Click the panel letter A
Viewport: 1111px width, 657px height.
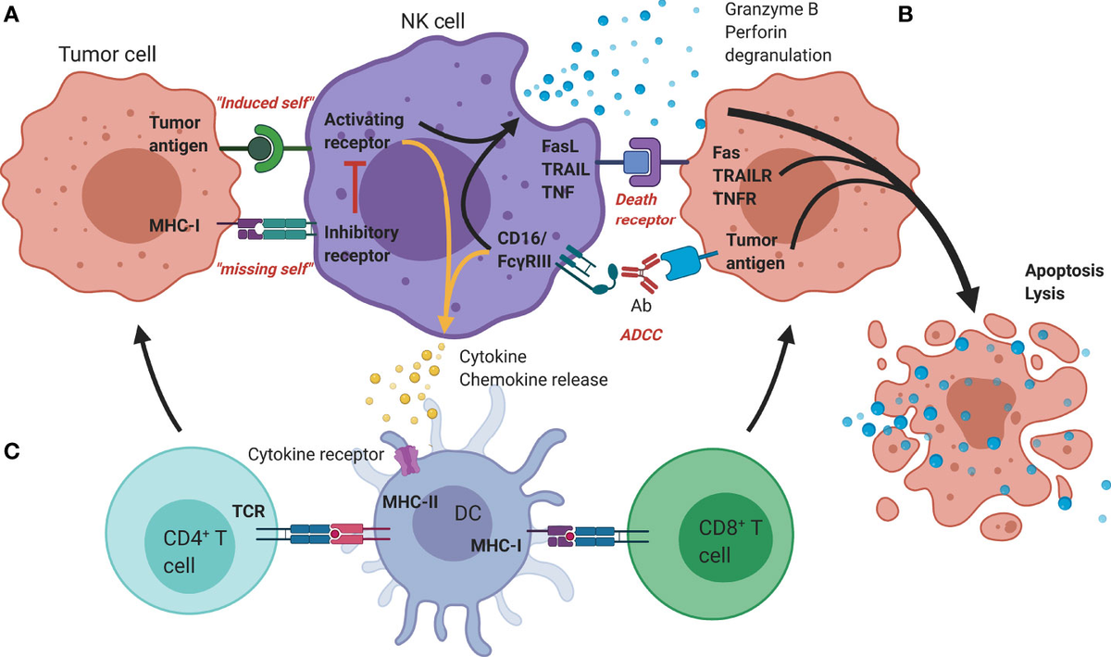11,15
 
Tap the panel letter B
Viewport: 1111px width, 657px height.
905,15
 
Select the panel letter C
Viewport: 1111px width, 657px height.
11,451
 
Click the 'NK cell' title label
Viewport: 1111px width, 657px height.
433,21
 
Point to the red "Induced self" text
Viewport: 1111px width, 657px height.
266,103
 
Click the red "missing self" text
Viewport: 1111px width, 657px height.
266,269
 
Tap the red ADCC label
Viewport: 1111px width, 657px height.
641,335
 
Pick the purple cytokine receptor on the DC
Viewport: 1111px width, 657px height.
407,461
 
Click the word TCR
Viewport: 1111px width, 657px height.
248,511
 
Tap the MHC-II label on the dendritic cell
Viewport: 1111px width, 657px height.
410,502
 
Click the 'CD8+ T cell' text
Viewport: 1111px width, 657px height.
730,541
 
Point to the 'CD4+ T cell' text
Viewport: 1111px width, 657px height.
194,551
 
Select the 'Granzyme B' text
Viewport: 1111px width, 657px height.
771,9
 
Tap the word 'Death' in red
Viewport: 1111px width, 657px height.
636,199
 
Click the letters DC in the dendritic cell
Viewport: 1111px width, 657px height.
468,513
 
